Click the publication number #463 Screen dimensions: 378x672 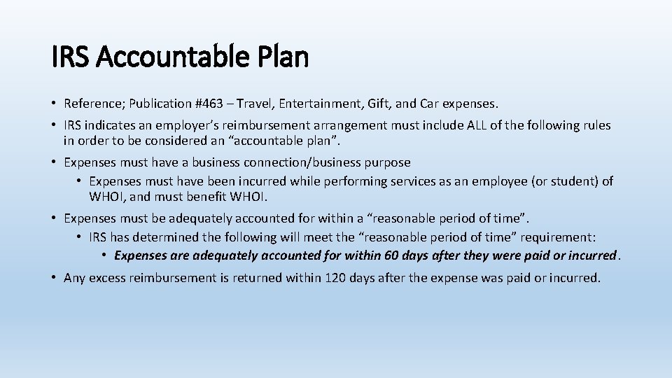208,104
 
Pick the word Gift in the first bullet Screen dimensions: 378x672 377,104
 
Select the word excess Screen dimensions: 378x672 108,278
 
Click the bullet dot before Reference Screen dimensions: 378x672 54,104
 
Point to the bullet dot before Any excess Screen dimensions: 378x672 54,278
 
